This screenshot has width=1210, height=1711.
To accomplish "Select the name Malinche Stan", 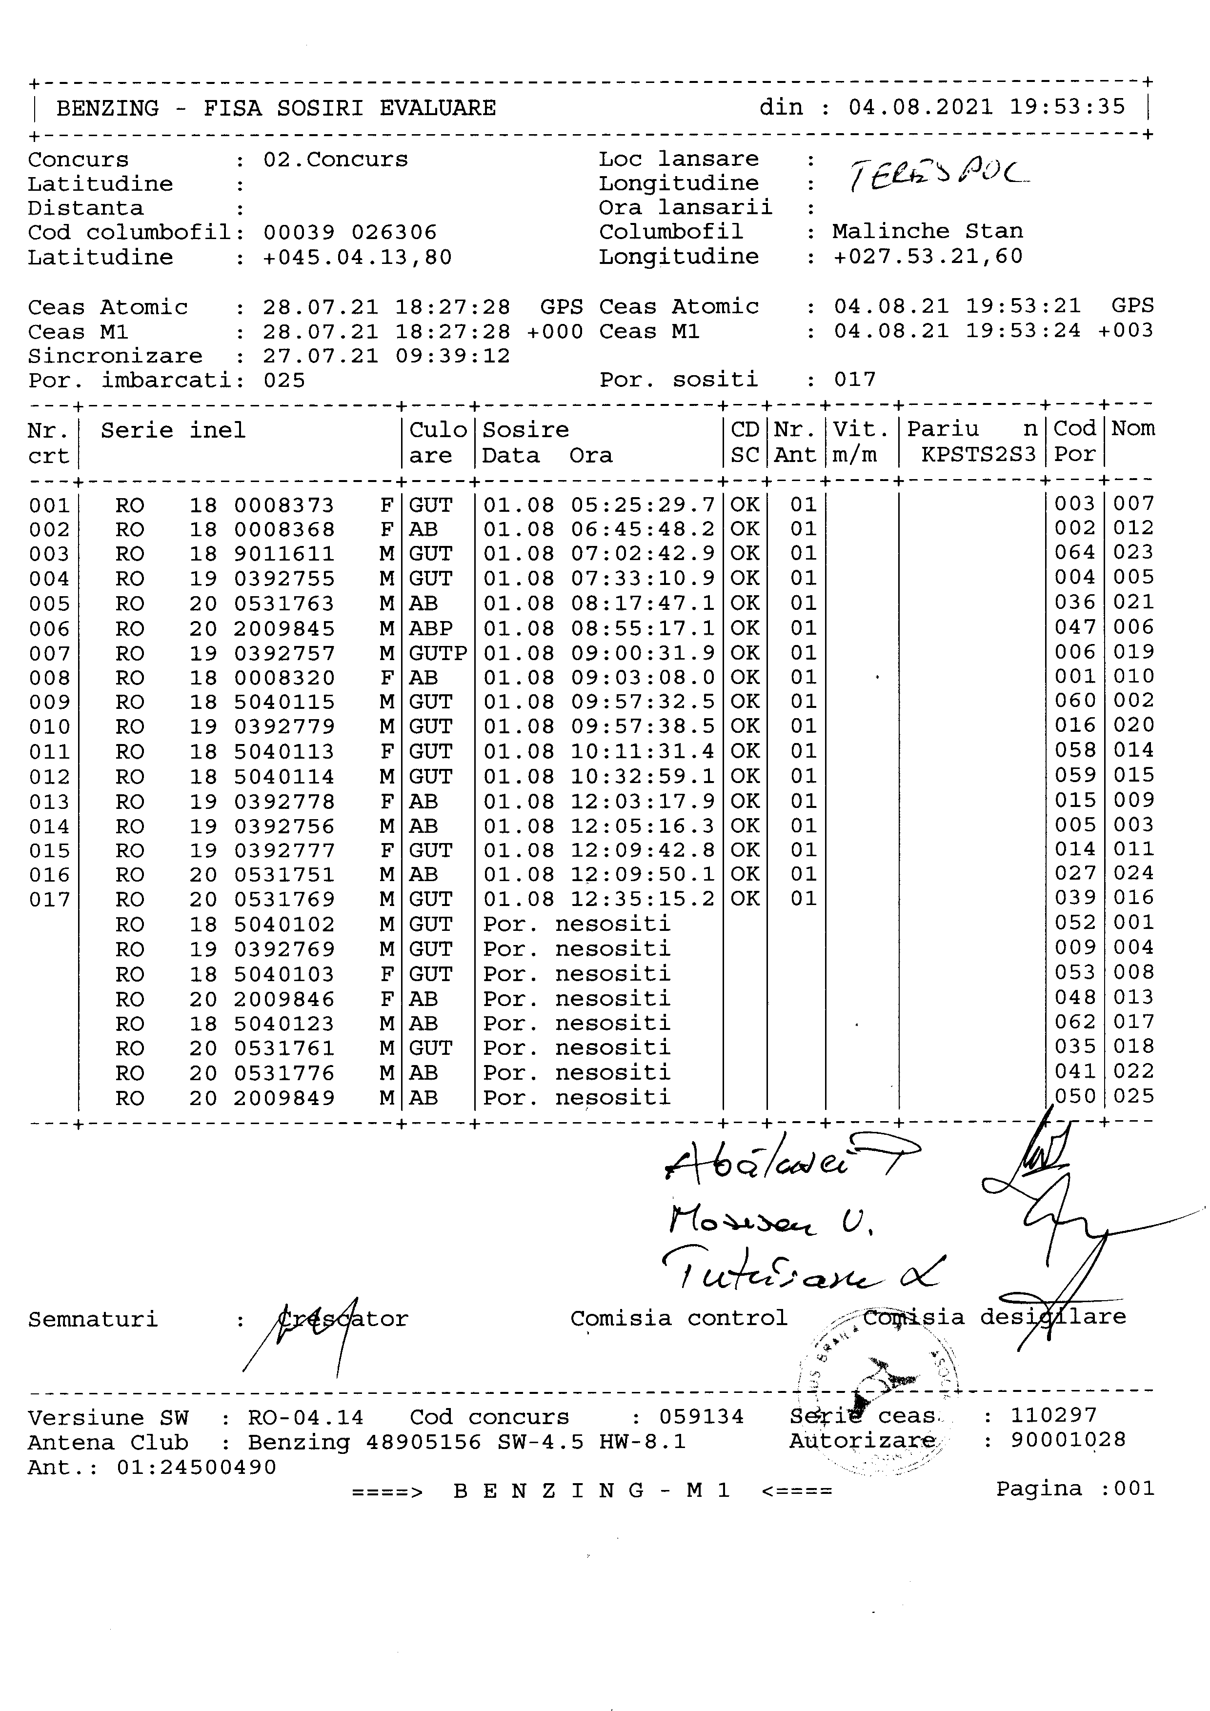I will [928, 232].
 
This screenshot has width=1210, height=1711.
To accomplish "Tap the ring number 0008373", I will [284, 505].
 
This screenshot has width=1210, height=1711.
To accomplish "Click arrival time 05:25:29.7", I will [642, 505].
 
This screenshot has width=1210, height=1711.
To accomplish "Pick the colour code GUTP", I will [437, 654].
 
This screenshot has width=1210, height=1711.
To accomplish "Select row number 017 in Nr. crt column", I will [49, 900].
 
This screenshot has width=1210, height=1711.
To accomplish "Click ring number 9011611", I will [284, 554].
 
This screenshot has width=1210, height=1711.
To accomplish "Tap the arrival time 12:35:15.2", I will [642, 900].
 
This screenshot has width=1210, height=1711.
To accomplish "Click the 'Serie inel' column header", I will [173, 431].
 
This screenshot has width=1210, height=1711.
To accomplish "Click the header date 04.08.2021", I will [921, 107].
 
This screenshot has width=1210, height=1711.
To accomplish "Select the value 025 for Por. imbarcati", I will [284, 381].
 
